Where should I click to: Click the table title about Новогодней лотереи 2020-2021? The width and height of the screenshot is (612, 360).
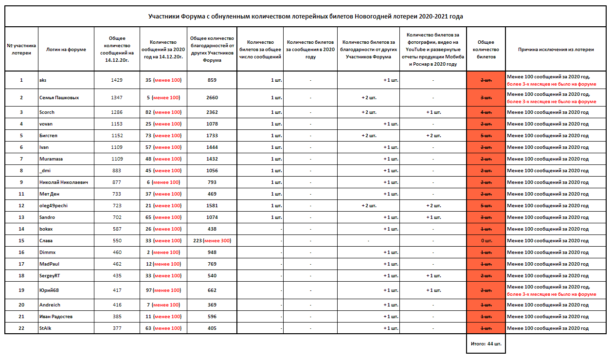306,16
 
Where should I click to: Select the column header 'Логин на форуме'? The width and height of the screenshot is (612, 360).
66,49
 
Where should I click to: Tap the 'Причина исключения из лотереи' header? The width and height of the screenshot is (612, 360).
556,49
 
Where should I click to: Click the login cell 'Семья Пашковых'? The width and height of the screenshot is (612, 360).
59,98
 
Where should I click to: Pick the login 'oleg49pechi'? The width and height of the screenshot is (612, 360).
54,206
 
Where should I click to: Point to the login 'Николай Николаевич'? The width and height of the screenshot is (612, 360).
63,182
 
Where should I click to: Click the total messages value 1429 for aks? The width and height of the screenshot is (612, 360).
117,80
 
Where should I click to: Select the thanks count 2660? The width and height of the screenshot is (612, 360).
212,98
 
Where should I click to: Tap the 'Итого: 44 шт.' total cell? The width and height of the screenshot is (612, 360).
486,343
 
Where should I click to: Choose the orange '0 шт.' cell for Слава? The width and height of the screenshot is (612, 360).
486,241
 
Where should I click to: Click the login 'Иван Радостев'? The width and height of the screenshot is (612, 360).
56,317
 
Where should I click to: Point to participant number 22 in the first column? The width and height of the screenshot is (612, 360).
21,328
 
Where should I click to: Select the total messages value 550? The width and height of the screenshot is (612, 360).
117,241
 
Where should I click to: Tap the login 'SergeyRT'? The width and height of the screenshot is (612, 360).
50,276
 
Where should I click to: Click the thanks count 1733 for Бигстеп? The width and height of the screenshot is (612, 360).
212,136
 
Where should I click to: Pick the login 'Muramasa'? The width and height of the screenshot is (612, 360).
51,159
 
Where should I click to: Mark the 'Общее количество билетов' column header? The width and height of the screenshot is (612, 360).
486,49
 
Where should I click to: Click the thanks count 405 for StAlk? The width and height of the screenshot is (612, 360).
212,328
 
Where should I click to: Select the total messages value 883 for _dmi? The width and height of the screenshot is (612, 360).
117,171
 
